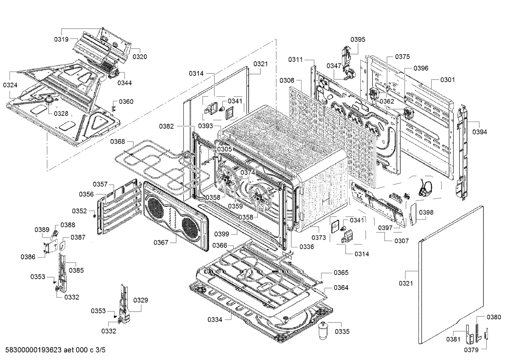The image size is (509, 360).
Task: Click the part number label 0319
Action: pos(61,39)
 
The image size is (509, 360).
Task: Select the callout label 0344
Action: pos(124,83)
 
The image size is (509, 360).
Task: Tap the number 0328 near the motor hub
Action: pos(61,113)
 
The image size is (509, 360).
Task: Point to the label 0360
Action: pos(126,102)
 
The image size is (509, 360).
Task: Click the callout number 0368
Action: pos(117,142)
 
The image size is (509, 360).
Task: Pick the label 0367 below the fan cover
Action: pos(161,243)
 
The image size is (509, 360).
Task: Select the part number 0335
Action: pos(342,332)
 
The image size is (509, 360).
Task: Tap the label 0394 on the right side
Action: pos(480,132)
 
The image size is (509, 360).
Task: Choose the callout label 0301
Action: pos(448,80)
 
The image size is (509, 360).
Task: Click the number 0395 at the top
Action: pos(358,39)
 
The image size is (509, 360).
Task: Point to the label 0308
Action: pos(287,80)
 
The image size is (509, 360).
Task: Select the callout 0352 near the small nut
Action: pos(79,211)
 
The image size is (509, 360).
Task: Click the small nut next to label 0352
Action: pos(94,215)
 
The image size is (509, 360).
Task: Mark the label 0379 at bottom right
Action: pos(471,350)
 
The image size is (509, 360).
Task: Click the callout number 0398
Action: pos(426,212)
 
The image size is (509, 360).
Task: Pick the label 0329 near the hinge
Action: pos(141,300)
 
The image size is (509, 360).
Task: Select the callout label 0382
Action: pos(166,126)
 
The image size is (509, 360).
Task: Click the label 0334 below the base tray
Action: pos(215,320)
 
